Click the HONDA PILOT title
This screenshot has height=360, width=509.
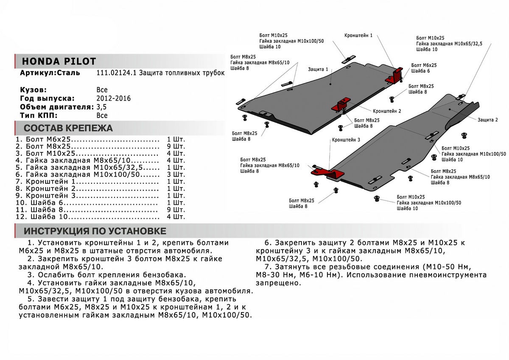coord(58,61)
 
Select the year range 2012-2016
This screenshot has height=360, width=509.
coord(114,98)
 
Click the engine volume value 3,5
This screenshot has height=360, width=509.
coord(102,107)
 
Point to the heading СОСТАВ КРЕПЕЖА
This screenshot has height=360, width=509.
coord(68,128)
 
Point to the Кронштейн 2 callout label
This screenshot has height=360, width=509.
coord(387,111)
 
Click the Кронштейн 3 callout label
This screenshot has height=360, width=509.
coord(346,140)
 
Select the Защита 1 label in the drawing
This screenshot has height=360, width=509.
coord(318,69)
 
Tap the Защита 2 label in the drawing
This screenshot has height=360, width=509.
coord(487,120)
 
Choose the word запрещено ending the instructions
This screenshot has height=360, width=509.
coord(278,283)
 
